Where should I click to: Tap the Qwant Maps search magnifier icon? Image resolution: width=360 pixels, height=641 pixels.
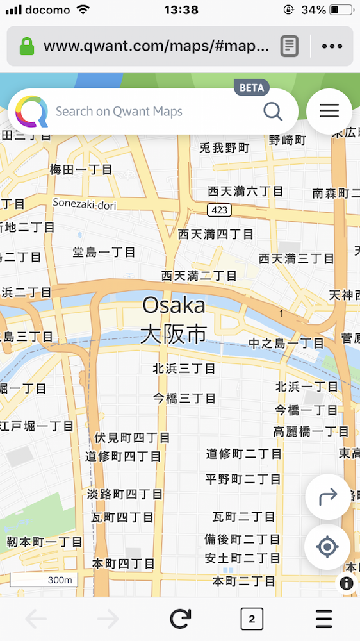point(273,112)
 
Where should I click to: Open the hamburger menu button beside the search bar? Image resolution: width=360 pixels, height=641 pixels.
point(329,112)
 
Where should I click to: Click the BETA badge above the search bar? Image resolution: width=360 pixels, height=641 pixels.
point(252,88)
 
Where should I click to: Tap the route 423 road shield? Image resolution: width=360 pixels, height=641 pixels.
point(219,210)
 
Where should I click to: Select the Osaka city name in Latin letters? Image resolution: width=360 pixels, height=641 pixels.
point(174,305)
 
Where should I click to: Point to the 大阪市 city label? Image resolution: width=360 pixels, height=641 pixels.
point(174,334)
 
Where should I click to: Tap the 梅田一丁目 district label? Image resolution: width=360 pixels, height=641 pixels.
point(81,169)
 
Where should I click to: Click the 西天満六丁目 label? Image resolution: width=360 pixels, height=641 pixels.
point(245,191)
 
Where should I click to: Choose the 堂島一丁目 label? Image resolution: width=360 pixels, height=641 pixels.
point(104,252)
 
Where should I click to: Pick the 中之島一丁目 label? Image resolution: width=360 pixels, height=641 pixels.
point(286,343)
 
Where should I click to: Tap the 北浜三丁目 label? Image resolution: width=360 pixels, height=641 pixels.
point(184,369)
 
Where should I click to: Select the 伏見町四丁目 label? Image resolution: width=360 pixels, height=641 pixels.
point(132,438)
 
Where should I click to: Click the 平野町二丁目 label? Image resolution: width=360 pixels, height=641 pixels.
point(243,479)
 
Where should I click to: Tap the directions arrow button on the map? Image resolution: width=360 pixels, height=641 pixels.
point(327,496)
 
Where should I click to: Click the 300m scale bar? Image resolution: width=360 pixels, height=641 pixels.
point(44,581)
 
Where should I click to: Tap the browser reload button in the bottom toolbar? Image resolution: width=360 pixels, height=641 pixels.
point(181,619)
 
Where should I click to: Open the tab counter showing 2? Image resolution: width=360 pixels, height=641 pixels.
point(252,619)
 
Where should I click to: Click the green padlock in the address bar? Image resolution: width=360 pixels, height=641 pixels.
point(26,46)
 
